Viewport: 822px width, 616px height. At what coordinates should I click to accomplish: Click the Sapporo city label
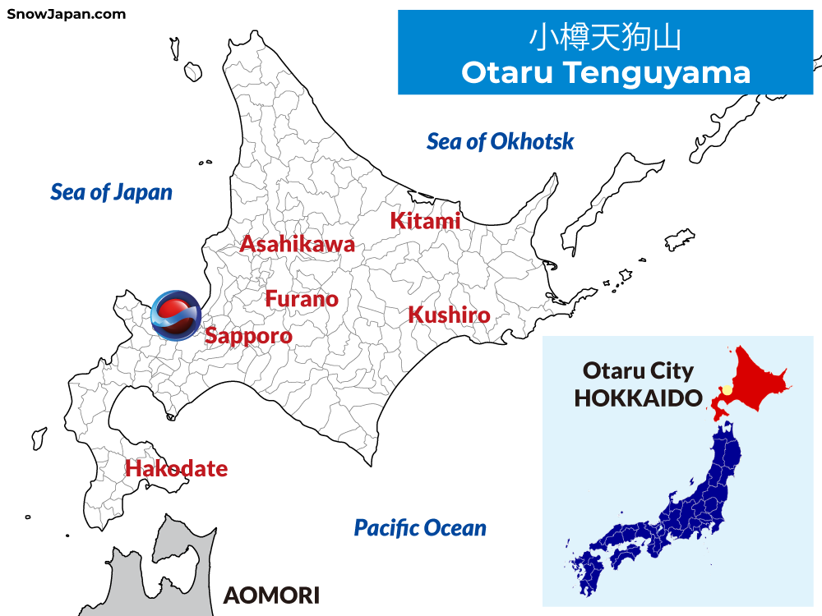point(248,336)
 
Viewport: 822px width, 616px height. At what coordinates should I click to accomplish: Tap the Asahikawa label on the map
point(297,244)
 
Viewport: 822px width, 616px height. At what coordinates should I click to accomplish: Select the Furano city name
point(302,299)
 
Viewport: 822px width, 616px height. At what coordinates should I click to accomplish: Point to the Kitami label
point(425,221)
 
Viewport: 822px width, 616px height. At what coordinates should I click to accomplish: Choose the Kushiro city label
point(449,315)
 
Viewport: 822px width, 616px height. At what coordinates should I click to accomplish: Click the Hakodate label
point(176,469)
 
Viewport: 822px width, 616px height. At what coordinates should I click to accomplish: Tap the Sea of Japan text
point(112,192)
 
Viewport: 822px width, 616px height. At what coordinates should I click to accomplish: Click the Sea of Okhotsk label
point(500,141)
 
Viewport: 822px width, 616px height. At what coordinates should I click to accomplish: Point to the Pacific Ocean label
point(420,527)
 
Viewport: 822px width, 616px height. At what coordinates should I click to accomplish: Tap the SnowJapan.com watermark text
point(67,14)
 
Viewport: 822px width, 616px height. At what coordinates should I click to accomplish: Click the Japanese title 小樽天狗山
point(605,38)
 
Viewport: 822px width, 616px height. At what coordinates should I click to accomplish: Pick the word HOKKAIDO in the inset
point(638,398)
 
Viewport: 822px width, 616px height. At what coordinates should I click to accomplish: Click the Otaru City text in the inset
point(638,370)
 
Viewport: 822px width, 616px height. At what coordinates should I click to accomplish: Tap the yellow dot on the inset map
point(727,389)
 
